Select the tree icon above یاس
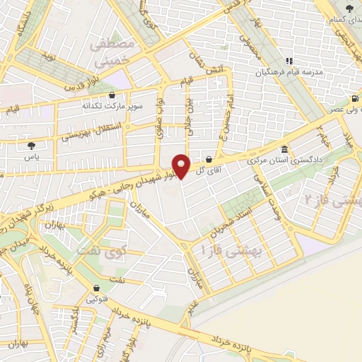point(30,145)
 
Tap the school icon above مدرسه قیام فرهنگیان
point(288,62)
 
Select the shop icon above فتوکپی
point(95,288)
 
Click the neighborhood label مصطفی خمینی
point(111,52)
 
